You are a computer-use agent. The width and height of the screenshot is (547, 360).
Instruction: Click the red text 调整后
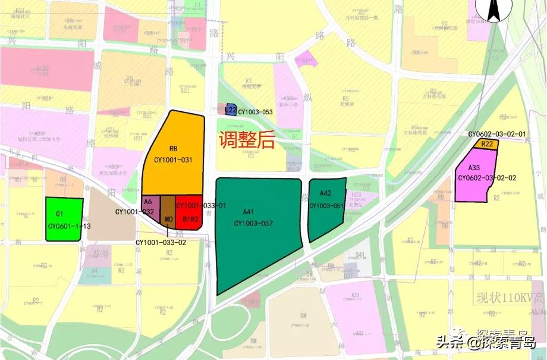246,140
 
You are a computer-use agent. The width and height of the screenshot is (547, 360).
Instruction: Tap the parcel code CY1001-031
173,159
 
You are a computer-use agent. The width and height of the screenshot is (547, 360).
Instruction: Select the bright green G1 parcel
64,219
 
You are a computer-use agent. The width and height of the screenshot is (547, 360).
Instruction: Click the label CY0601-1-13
69,226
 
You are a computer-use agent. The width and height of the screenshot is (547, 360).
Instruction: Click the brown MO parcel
168,214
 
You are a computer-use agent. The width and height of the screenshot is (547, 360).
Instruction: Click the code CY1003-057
253,223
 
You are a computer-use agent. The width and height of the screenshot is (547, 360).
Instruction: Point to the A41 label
248,212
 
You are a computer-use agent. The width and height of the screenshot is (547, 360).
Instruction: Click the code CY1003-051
326,206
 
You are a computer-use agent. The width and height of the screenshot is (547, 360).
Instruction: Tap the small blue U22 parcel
231,110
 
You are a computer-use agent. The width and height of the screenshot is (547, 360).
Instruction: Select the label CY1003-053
256,112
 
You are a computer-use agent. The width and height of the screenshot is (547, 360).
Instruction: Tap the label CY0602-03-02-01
497,134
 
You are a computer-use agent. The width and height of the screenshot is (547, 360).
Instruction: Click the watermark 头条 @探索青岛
486,343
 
